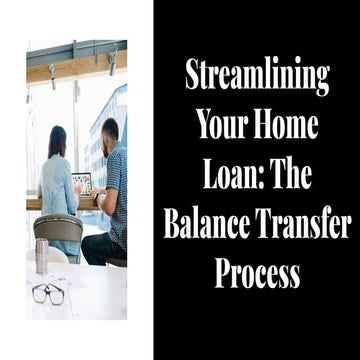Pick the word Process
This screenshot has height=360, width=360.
[x=256, y=273]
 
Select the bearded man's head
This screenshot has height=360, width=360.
[x=111, y=132]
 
